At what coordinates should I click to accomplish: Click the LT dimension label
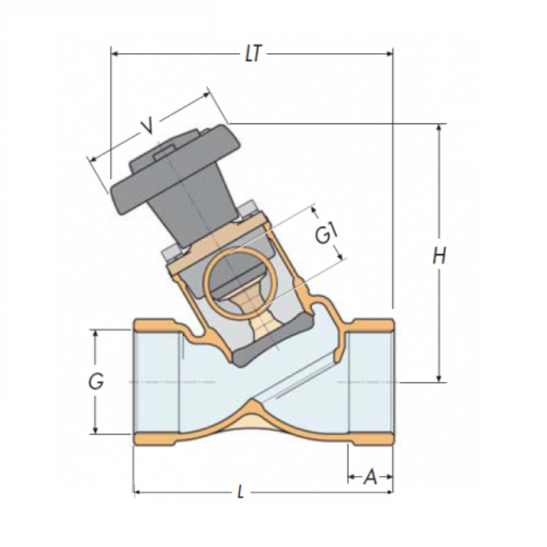click(x=252, y=54)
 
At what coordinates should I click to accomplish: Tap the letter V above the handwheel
click(x=146, y=125)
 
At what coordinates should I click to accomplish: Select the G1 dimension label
click(x=327, y=233)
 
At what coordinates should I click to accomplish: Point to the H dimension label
click(x=440, y=256)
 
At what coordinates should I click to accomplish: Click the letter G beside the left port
click(x=95, y=382)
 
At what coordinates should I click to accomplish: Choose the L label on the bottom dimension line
click(x=241, y=493)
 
